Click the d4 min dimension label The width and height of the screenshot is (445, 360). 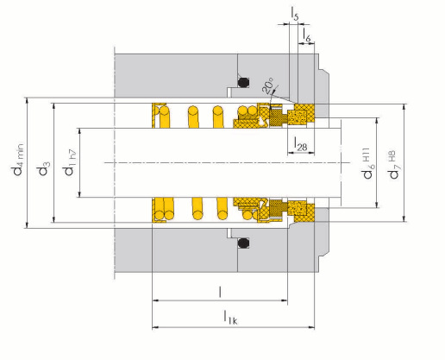click(18, 160)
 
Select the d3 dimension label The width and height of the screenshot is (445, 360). click(44, 168)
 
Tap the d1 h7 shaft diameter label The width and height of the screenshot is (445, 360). click(70, 162)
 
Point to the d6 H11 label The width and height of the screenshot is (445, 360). click(367, 163)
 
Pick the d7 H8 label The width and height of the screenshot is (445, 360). click(393, 165)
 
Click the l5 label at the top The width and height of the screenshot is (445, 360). click(295, 14)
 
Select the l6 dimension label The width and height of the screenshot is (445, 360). click(307, 35)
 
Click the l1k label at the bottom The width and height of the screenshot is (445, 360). click(230, 317)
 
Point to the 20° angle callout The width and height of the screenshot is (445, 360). click(267, 85)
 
